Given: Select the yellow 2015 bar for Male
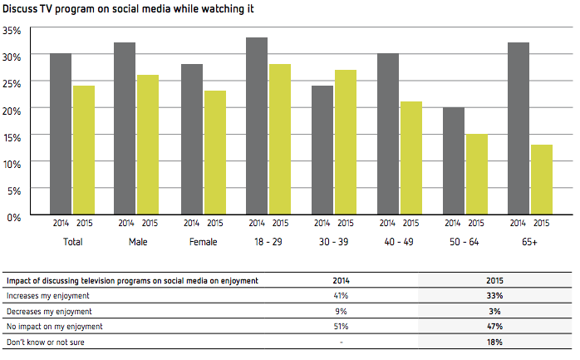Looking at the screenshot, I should pyautogui.click(x=148, y=145).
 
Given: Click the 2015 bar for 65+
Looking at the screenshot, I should pyautogui.click(x=542, y=180).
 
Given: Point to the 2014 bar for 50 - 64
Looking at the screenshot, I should pyautogui.click(x=454, y=161).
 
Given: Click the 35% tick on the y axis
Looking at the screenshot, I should pyautogui.click(x=12, y=30).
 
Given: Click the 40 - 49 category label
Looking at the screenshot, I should pyautogui.click(x=399, y=242).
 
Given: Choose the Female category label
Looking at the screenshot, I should pyautogui.click(x=203, y=242).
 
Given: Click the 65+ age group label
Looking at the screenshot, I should pyautogui.click(x=529, y=242).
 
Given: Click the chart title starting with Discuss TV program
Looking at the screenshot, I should pyautogui.click(x=129, y=9).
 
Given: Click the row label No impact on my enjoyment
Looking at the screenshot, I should pyautogui.click(x=52, y=326).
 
